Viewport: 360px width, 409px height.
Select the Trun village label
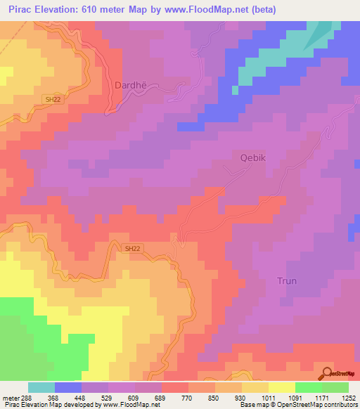(286, 280)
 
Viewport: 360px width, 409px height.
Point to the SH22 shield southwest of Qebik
(132, 248)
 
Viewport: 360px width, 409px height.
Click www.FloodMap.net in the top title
(210, 10)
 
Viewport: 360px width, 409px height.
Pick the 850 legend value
(202, 398)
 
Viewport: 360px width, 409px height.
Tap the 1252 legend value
(340, 398)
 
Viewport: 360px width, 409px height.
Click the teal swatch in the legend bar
(41, 387)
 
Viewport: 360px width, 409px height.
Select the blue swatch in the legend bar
(68, 387)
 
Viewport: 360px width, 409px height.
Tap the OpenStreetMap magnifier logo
(326, 373)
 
